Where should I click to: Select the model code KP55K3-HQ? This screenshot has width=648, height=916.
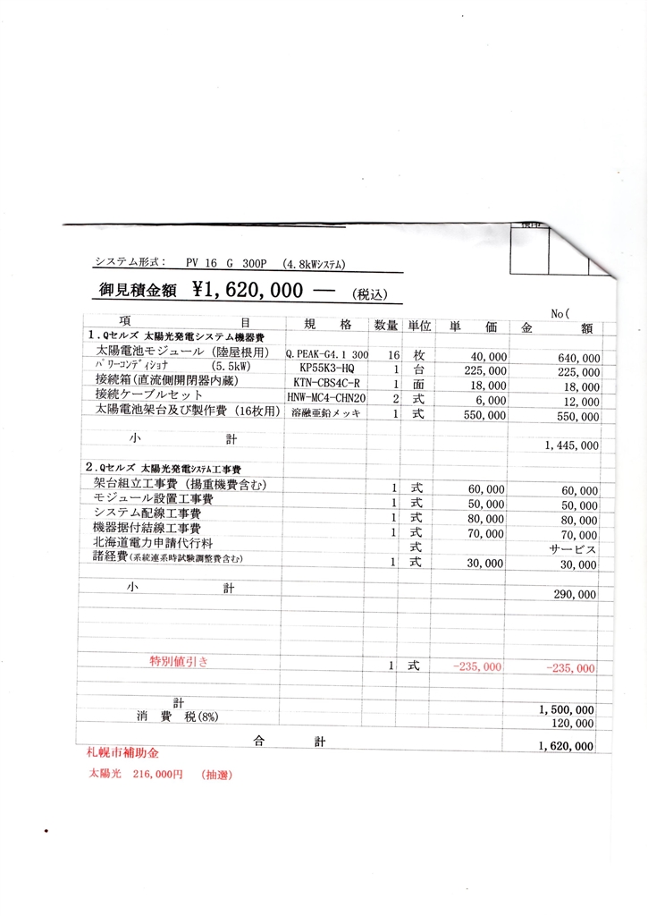click(x=326, y=369)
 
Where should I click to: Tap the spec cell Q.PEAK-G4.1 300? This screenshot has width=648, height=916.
click(x=327, y=355)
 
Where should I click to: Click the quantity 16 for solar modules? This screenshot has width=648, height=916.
click(x=393, y=355)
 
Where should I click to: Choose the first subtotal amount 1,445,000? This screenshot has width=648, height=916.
click(x=571, y=445)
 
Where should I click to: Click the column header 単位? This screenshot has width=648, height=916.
click(x=419, y=326)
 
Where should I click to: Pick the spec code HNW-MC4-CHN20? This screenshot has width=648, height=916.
click(x=327, y=397)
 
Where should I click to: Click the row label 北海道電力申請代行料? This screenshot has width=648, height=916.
click(x=153, y=542)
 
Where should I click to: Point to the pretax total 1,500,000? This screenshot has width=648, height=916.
click(x=568, y=709)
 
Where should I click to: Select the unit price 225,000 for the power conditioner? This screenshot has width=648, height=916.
click(x=487, y=369)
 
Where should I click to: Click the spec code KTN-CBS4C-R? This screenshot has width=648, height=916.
click(x=327, y=383)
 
